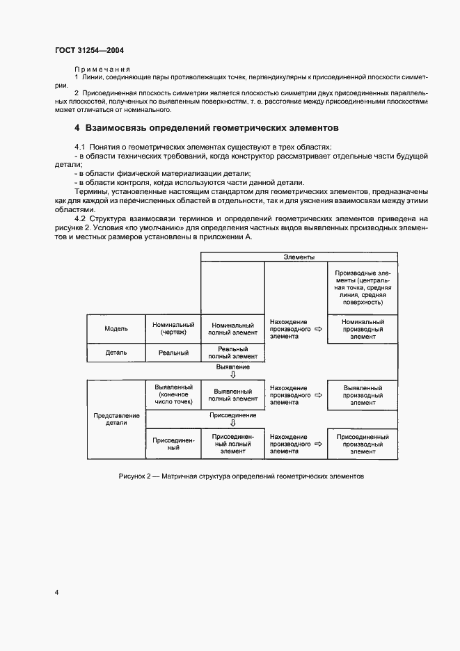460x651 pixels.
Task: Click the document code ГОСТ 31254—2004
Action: (x=89, y=50)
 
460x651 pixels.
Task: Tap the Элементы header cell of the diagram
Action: (x=299, y=257)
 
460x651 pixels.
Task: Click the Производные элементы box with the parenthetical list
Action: (x=363, y=288)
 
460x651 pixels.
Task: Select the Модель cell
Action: (x=116, y=329)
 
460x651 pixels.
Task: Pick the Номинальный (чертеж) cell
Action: (x=173, y=329)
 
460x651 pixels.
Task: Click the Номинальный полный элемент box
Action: (x=232, y=329)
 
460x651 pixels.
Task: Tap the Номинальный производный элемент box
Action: (x=363, y=329)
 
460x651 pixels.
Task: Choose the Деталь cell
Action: (x=116, y=353)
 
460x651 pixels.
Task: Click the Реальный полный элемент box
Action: (x=232, y=353)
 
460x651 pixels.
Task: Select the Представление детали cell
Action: (x=116, y=419)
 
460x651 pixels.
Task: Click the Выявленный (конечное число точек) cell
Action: (x=173, y=394)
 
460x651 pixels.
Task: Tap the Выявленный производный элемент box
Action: (x=363, y=394)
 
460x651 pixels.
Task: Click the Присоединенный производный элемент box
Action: (x=363, y=444)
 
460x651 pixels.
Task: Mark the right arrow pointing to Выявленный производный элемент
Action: (x=318, y=395)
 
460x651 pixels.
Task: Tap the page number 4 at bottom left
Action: (x=57, y=593)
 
